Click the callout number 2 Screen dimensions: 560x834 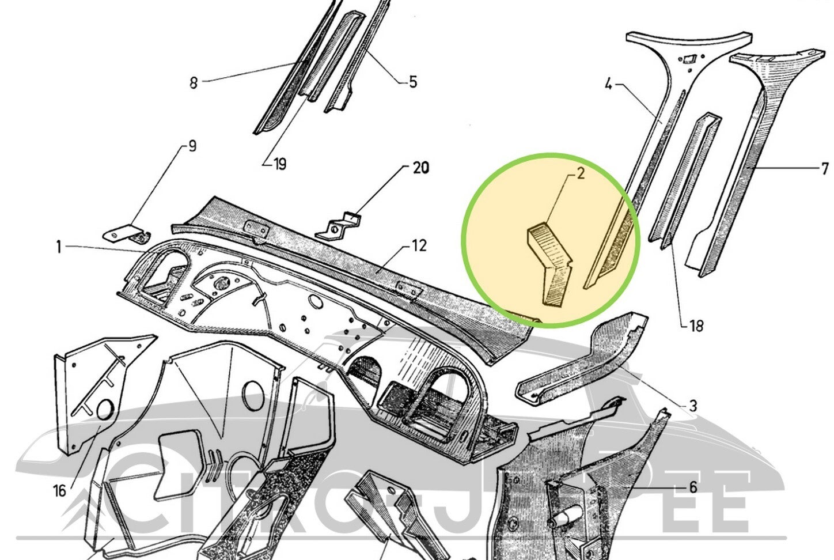[x=580, y=173]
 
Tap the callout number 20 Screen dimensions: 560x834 [x=420, y=168]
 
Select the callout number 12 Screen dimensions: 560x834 [x=419, y=246]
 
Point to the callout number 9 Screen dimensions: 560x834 [x=192, y=145]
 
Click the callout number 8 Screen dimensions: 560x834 [x=194, y=83]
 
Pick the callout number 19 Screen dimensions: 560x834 [x=279, y=165]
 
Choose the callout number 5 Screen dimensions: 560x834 [x=412, y=82]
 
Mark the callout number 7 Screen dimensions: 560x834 [x=824, y=169]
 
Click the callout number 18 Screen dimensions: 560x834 [x=696, y=326]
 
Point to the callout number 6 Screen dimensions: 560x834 [x=692, y=487]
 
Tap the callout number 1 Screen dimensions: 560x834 [x=59, y=247]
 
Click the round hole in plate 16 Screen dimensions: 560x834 [x=104, y=411]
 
